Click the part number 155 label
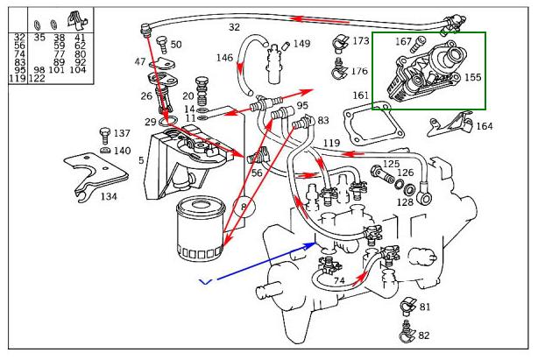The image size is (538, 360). tap(472, 77)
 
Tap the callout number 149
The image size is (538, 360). tap(301, 43)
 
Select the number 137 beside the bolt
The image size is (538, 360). tap(122, 133)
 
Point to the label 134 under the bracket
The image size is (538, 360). tap(108, 196)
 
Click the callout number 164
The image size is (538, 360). tap(484, 126)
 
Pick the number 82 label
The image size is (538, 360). tap(424, 335)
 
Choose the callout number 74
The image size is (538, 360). tap(338, 280)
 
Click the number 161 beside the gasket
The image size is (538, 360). tap(361, 95)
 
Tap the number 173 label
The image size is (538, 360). tap(360, 41)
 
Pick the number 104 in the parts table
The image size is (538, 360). tap(77, 70)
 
